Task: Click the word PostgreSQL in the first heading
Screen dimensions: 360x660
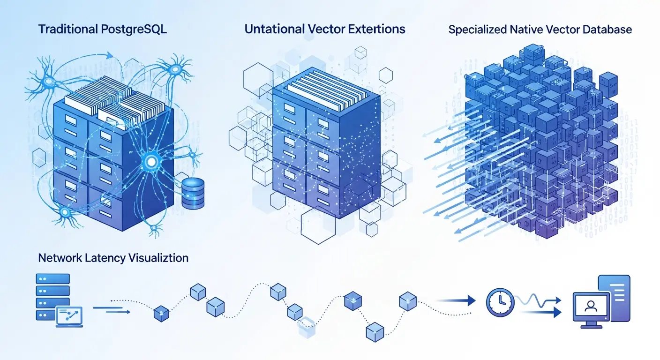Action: pyautogui.click(x=134, y=29)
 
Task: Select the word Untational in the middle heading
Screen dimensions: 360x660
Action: pyautogui.click(x=274, y=29)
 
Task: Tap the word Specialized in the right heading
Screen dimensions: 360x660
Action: pyautogui.click(x=477, y=30)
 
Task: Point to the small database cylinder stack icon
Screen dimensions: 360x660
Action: pyautogui.click(x=193, y=193)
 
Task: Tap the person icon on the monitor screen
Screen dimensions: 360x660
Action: pyautogui.click(x=591, y=306)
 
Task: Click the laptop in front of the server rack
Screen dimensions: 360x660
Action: pyautogui.click(x=69, y=316)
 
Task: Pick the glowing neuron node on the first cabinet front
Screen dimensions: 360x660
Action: pyautogui.click(x=151, y=162)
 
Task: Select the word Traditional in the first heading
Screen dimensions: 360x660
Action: pyautogui.click(x=68, y=29)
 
